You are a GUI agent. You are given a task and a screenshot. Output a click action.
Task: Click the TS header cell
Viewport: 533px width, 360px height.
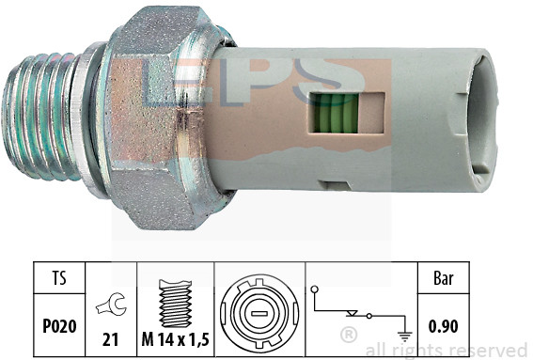pyautogui.click(x=59, y=277)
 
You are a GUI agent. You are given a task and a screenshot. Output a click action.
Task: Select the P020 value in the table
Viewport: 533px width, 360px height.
pyautogui.click(x=59, y=326)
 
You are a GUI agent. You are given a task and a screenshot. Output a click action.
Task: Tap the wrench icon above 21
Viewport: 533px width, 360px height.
pyautogui.click(x=111, y=304)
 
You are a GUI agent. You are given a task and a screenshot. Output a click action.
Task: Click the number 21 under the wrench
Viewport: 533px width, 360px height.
pyautogui.click(x=111, y=339)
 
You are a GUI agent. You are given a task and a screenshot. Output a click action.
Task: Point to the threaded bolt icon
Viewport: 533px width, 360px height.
pyautogui.click(x=176, y=304)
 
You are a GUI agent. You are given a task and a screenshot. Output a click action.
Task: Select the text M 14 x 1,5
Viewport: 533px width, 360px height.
pyautogui.click(x=175, y=339)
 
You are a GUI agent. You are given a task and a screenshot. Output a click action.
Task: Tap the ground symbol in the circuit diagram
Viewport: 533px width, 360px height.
pyautogui.click(x=404, y=337)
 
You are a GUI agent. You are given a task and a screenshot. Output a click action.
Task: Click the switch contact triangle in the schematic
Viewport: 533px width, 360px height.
pyautogui.click(x=352, y=313)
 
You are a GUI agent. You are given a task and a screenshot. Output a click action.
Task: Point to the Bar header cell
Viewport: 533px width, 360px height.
pyautogui.click(x=444, y=277)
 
